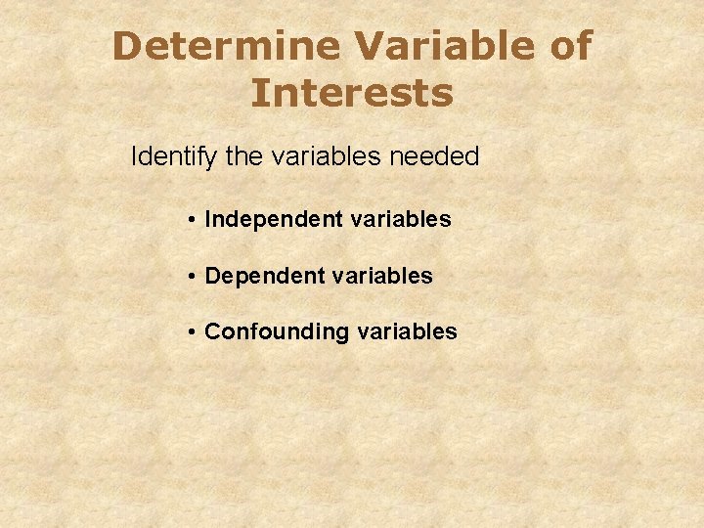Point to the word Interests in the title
click(352, 94)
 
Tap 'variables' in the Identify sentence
click(331, 156)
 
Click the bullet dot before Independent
click(194, 220)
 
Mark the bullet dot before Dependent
click(194, 277)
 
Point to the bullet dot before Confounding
click(194, 332)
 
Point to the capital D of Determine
click(125, 46)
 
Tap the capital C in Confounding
click(212, 332)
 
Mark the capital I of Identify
click(134, 156)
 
